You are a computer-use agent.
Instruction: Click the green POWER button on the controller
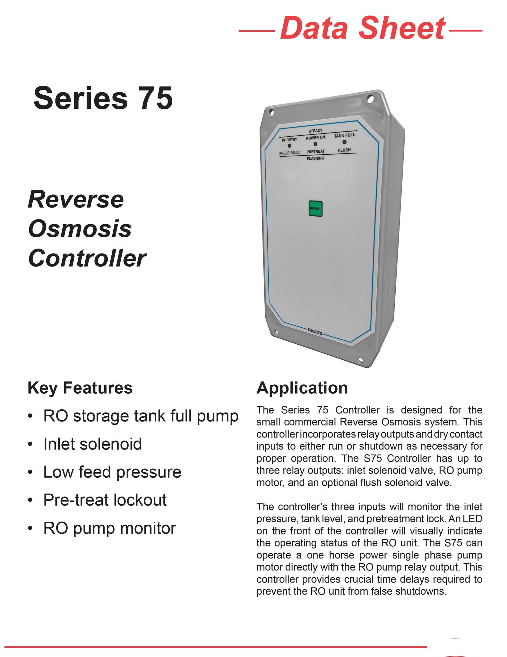coord(315,209)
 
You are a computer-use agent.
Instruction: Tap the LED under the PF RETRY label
coord(289,146)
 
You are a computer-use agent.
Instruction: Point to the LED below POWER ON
coord(315,144)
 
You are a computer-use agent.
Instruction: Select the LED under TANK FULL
coord(344,142)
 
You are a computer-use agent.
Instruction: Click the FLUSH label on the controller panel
coord(344,150)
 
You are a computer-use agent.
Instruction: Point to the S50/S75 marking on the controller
coord(314,332)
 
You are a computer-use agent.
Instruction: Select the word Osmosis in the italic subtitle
coord(80,229)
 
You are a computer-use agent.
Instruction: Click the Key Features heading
coord(80,388)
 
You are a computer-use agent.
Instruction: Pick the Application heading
coord(302,388)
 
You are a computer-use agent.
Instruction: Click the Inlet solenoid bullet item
coord(92,444)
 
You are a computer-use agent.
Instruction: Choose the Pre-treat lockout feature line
coord(105,500)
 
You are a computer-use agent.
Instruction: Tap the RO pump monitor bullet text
coord(109,528)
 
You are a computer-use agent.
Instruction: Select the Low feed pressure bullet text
coord(112,472)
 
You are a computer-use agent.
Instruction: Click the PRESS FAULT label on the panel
coord(289,153)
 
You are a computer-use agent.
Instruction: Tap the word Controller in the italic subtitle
coord(87,258)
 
